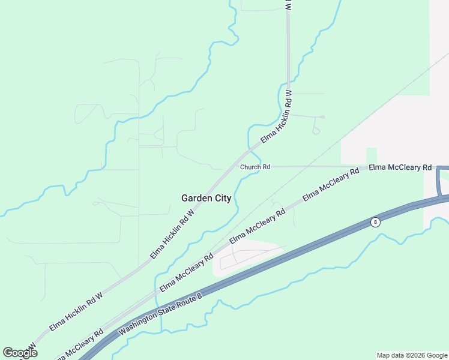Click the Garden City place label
click(206, 198)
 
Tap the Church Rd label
click(255, 167)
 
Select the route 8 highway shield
click(375, 222)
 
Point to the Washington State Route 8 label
click(160, 313)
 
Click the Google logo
click(20, 353)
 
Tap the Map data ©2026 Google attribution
click(412, 355)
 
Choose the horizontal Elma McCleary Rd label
click(400, 167)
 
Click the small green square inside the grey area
click(371, 155)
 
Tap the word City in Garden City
click(221, 198)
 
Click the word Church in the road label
click(250, 167)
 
